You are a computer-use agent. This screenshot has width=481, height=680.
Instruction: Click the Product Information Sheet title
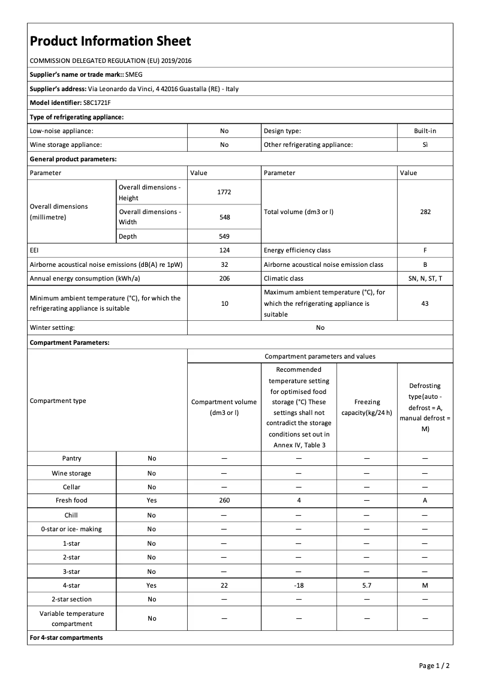(110, 41)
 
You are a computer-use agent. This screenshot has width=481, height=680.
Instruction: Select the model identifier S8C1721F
(97, 103)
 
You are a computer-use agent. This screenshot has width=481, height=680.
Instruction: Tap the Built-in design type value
(425, 130)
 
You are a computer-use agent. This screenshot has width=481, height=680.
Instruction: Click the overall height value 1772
(224, 192)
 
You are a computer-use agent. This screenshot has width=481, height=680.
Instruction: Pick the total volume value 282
(425, 212)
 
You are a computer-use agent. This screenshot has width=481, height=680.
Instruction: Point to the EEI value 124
(224, 250)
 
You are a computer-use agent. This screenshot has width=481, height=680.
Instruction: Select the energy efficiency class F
(425, 250)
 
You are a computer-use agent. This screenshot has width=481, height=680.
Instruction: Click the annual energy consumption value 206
(224, 278)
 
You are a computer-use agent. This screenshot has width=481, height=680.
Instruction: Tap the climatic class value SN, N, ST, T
(425, 278)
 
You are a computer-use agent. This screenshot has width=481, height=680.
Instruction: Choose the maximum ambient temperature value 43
(425, 303)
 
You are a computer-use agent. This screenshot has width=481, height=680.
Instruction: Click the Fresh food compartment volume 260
(224, 500)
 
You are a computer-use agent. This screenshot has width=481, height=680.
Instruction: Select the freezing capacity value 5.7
(366, 585)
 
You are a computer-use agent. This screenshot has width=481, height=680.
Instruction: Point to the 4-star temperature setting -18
(299, 585)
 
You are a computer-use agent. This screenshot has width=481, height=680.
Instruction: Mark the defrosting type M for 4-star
(425, 585)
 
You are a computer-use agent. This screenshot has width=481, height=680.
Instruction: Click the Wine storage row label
(71, 473)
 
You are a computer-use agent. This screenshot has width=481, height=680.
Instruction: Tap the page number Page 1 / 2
(434, 666)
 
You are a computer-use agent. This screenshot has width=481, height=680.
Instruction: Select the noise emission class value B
(425, 264)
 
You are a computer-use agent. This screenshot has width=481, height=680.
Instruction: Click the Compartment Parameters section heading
(70, 342)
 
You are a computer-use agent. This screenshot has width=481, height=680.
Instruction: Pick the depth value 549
(224, 236)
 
